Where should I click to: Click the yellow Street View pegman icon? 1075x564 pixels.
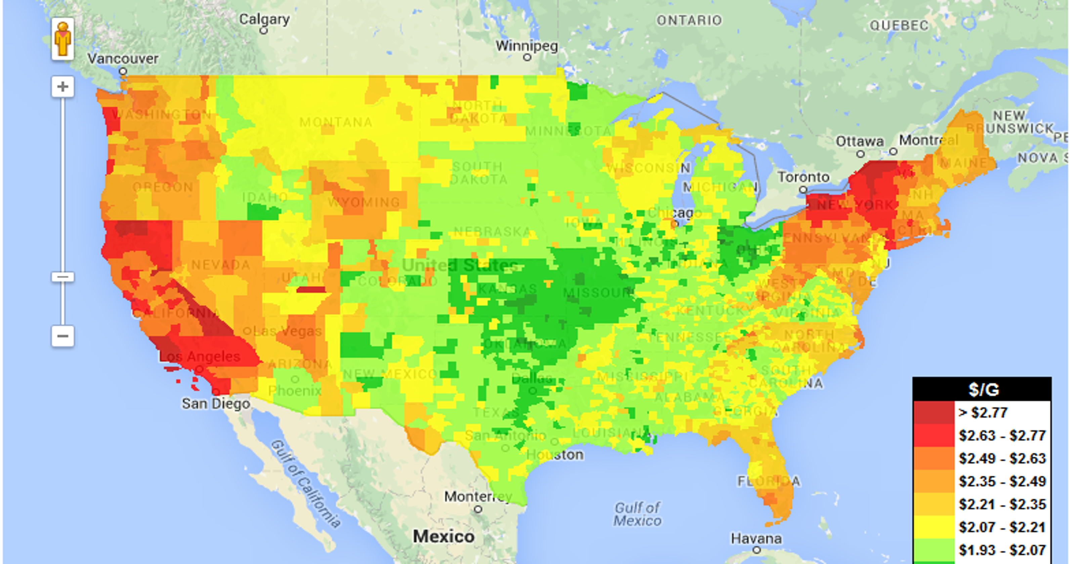point(62,39)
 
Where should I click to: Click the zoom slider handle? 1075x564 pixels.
point(62,277)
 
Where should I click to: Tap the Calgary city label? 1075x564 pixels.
point(264,19)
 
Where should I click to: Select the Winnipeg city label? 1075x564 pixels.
point(527,45)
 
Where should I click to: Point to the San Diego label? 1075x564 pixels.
point(216,404)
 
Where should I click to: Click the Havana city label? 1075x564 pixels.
point(756,538)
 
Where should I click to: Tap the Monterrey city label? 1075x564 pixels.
point(478,497)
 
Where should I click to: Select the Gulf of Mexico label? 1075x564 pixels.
point(637,514)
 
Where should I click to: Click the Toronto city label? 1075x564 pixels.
point(803,177)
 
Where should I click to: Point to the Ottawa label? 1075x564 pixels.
point(860,141)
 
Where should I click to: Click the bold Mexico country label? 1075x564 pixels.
point(443,536)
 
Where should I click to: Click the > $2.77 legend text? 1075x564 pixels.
point(983,413)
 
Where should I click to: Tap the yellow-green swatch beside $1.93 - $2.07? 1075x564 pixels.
point(934,550)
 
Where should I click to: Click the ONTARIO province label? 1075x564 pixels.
point(689,20)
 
